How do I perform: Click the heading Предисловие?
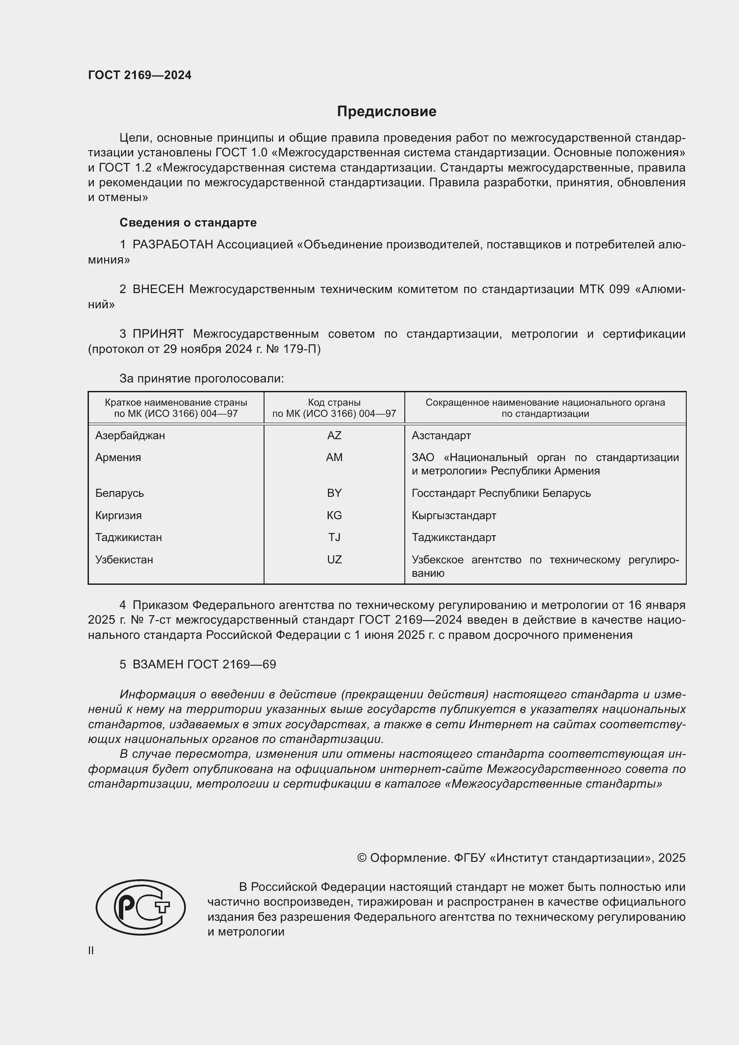tap(386, 112)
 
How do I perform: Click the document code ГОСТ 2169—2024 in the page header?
tap(140, 76)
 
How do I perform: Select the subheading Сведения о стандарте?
tap(188, 222)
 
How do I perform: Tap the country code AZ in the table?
tap(334, 436)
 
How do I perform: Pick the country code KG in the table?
tap(334, 515)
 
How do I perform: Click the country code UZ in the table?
tap(334, 559)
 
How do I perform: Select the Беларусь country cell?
tap(119, 493)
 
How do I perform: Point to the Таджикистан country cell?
tap(128, 537)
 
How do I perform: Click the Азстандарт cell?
tap(441, 436)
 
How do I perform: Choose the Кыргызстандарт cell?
tap(453, 515)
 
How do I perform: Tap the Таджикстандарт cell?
tap(453, 537)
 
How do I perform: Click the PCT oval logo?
tap(141, 907)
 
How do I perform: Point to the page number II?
tap(91, 950)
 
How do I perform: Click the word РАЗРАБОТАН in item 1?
tap(172, 245)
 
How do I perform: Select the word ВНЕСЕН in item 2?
tap(158, 290)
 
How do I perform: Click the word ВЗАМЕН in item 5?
tap(157, 664)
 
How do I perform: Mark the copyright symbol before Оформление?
tap(362, 858)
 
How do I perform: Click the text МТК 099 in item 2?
tap(605, 290)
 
